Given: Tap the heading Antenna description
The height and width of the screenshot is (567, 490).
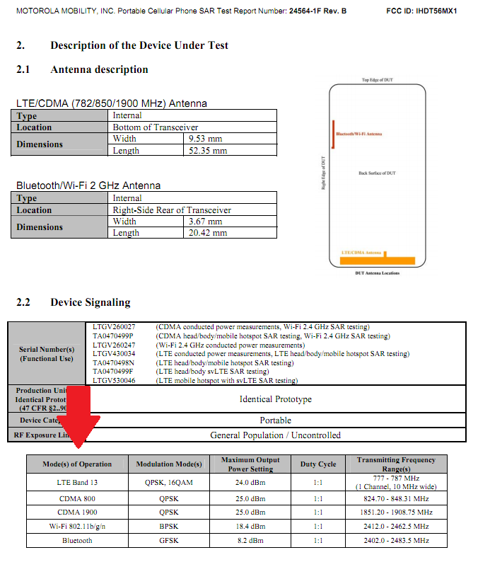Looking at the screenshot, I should (x=99, y=69).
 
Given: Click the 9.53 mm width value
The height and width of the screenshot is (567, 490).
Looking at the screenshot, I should (x=206, y=139).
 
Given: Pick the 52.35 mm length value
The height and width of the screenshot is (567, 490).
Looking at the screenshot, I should (x=208, y=151).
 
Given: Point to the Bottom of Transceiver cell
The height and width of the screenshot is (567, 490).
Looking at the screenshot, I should (x=156, y=127).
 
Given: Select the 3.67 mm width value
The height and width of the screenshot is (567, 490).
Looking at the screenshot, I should (x=206, y=222).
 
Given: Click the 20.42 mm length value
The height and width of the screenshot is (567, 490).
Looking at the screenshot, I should (x=208, y=233).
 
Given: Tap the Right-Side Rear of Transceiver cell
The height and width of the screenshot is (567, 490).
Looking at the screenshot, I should (x=172, y=210).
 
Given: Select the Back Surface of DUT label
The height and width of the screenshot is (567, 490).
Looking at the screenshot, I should (x=377, y=173).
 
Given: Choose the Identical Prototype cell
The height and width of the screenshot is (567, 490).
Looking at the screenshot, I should (x=275, y=399).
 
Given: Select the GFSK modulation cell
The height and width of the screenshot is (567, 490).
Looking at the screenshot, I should (x=169, y=540).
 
